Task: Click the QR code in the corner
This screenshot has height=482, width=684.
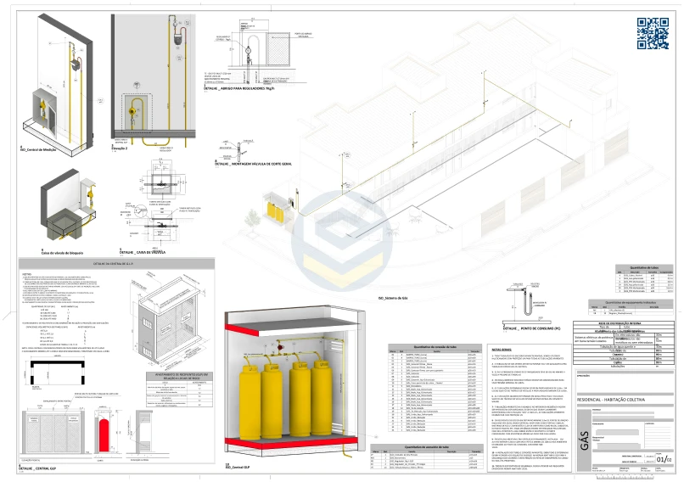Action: pyautogui.click(x=653, y=33)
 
